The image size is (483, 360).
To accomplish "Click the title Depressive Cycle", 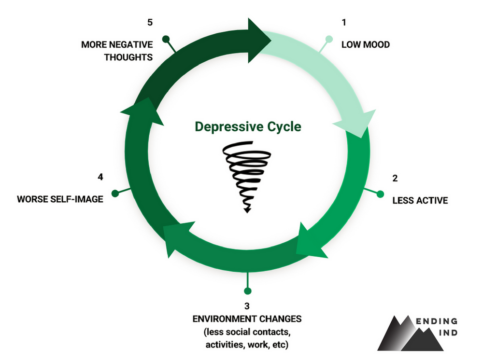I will click(247, 127).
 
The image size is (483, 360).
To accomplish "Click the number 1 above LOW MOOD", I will click(344, 22).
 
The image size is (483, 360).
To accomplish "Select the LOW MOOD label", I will click(366, 45).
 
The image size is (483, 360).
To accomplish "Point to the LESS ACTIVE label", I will click(419, 200).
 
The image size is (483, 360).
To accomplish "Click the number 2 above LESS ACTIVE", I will click(395, 178).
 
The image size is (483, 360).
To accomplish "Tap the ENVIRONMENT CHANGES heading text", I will click(247, 319).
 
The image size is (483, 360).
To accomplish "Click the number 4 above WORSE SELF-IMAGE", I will click(100, 177).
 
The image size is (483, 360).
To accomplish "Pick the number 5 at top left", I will click(150, 22).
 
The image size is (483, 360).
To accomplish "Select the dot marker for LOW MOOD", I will click(329, 39).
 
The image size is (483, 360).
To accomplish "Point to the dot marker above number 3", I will click(247, 291).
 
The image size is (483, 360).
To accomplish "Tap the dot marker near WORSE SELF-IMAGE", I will click(115, 193).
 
